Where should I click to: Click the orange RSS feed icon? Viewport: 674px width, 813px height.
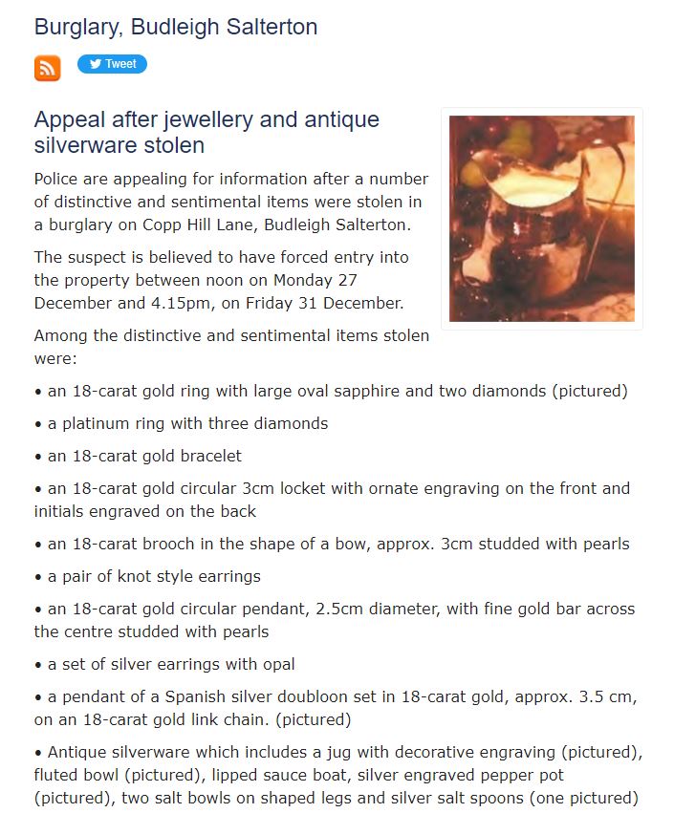[47, 68]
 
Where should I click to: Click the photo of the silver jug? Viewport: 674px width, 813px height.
[541, 219]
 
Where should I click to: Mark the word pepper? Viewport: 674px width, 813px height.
[497, 775]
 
